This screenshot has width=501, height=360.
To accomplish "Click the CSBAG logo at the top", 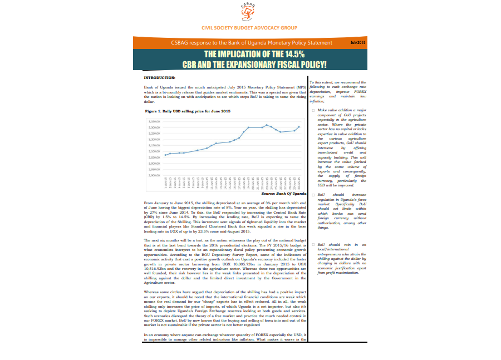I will pyautogui.click(x=249, y=12).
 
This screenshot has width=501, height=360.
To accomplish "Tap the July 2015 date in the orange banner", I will pyautogui.click(x=357, y=42).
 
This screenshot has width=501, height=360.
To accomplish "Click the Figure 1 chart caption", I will pyautogui.click(x=188, y=111).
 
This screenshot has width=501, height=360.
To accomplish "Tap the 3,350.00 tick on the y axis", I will pyautogui.click(x=155, y=121).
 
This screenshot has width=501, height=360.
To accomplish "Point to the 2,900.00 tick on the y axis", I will pyautogui.click(x=155, y=175).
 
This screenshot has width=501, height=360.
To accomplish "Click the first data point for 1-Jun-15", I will pyautogui.click(x=166, y=155).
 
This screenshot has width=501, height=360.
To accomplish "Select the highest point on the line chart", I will pyautogui.click(x=267, y=125).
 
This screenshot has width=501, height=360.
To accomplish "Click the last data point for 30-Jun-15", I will pyautogui.click(x=299, y=127).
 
